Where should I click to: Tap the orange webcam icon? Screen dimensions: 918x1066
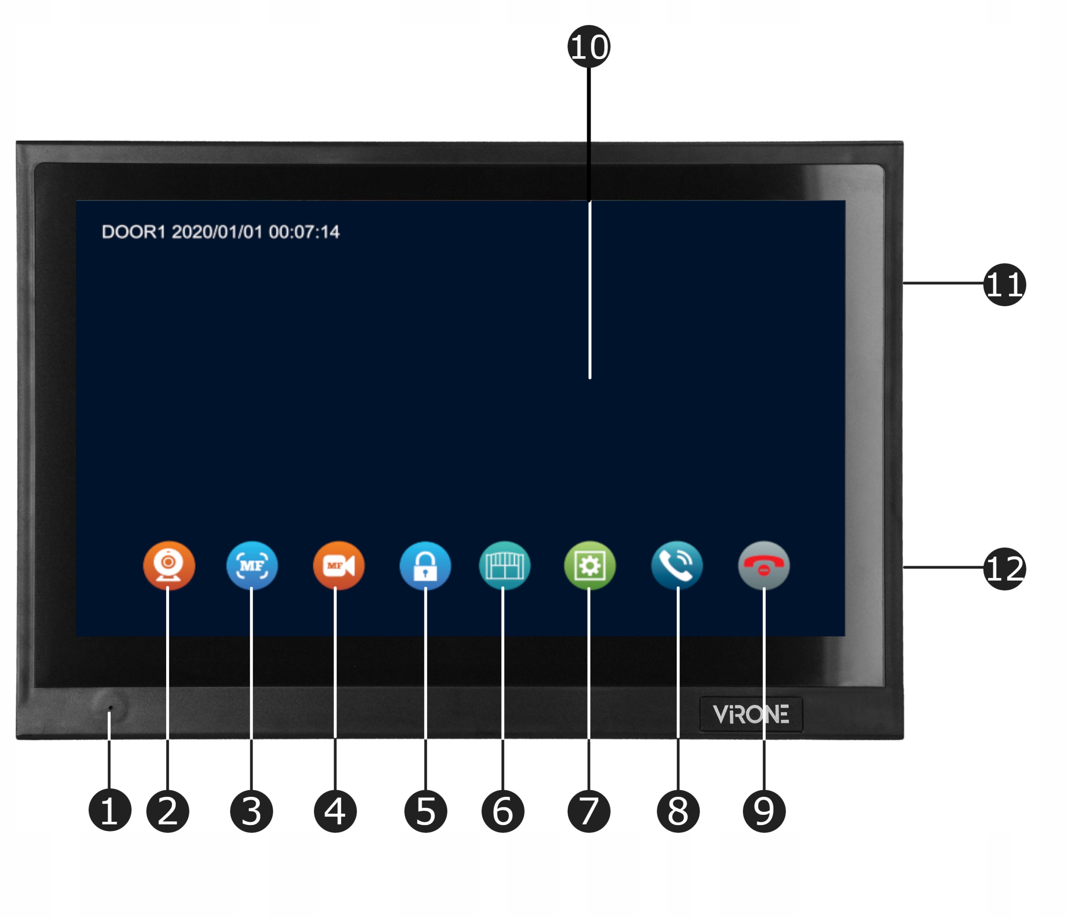point(169,565)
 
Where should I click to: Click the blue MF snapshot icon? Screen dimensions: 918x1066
point(252,565)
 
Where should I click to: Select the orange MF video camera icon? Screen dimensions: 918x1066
point(339,565)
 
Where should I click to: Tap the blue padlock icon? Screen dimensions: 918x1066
point(425,565)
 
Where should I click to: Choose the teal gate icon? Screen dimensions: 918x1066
point(504,565)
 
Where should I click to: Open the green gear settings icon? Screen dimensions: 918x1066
point(590,565)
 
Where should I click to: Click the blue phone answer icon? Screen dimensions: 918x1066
point(677,565)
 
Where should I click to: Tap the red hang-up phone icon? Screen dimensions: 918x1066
point(764,565)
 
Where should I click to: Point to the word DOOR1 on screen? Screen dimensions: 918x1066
point(133,232)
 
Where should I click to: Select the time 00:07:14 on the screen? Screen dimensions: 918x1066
point(304,232)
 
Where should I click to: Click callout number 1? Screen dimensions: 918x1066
point(110,811)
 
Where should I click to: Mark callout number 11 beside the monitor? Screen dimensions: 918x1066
point(1004,284)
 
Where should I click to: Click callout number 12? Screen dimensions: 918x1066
point(1004,568)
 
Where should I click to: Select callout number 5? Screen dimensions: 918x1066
point(426,811)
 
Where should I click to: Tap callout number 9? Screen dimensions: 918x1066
point(764,811)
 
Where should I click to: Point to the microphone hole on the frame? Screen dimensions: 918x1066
point(110,708)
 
